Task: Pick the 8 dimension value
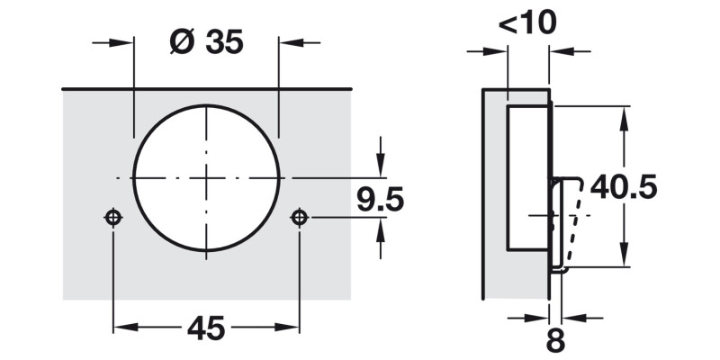[x=554, y=341]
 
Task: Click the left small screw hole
[x=112, y=217]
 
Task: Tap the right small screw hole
[x=299, y=217]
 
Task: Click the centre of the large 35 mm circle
[x=206, y=178]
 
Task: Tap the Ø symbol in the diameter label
[x=180, y=42]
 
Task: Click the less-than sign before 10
[x=506, y=23]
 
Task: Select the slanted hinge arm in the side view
[x=568, y=220]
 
